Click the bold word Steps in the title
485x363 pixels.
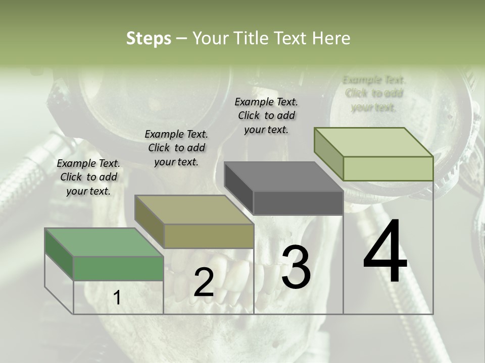coord(149,38)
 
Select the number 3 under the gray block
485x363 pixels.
coord(296,268)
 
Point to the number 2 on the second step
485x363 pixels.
coord(204,283)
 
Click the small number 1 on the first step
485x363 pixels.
coord(117,298)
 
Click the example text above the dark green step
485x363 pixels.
coord(88,177)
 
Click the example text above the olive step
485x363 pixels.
coord(176,148)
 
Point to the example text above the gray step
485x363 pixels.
coord(266,115)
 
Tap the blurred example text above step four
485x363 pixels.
coord(374,93)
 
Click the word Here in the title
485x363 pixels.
coord(331,38)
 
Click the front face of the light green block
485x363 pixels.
coord(388,168)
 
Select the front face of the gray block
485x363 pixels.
coord(298,203)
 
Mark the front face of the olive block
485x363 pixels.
coord(209,236)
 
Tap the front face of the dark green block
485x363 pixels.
coord(119,268)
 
